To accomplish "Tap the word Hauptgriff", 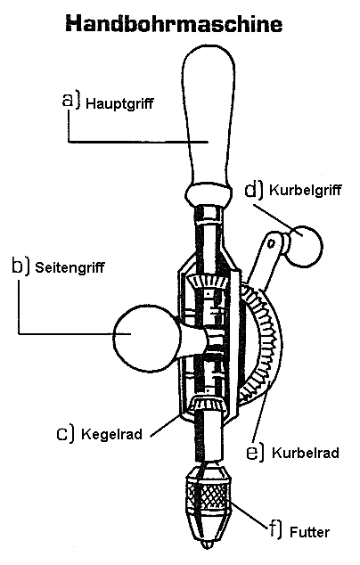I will [120, 103].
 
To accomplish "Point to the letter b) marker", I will [20, 265].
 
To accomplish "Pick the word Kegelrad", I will [110, 436].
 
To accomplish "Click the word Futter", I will [310, 533].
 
